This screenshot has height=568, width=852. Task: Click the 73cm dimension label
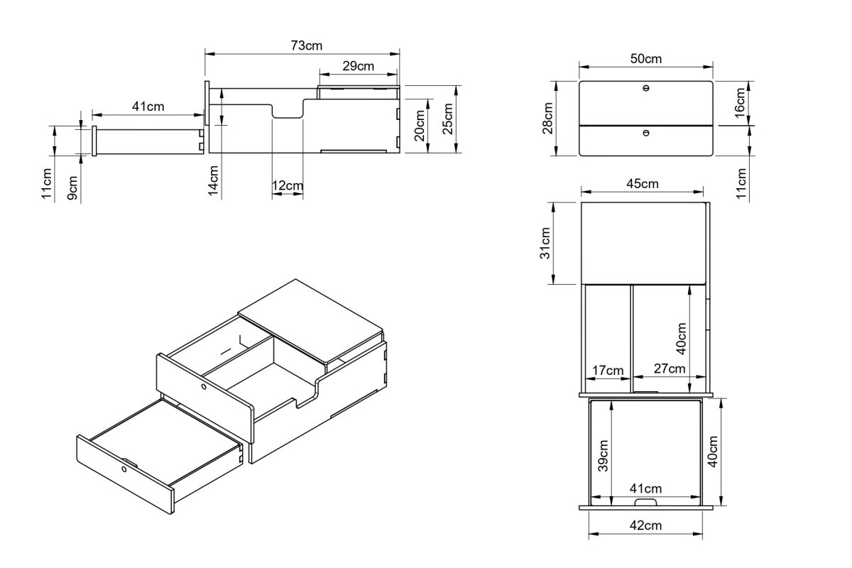(306, 45)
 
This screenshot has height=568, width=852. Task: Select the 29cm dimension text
(358, 66)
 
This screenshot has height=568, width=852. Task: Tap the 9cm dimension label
(72, 187)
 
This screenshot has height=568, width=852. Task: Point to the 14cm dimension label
(214, 180)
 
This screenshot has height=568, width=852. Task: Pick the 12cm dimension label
(288, 185)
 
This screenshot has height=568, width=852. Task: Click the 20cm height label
(419, 126)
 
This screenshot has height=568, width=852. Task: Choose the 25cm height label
(448, 119)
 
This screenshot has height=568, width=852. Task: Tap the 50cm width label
(646, 59)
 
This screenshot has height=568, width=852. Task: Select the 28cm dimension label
(547, 119)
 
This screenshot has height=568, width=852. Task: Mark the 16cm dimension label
(740, 103)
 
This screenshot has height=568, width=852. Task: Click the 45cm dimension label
(643, 184)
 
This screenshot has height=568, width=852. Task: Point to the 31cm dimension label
(545, 243)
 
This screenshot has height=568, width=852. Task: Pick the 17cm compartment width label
(608, 370)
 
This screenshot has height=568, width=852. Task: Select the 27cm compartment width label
(670, 368)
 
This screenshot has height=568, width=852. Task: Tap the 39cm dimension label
(603, 456)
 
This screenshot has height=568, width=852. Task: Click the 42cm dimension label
(645, 525)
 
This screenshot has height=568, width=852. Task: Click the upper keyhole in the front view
(646, 88)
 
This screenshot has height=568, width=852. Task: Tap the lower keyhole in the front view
(646, 133)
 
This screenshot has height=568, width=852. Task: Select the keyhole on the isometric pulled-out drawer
(124, 469)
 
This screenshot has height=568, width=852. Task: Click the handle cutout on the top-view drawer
(645, 503)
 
